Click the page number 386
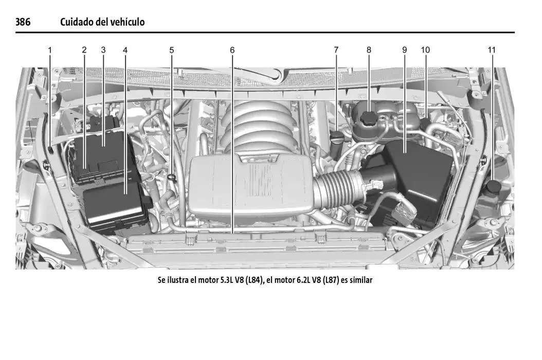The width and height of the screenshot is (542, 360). point(23,22)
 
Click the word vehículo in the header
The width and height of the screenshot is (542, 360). point(128,22)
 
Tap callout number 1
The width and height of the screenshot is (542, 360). point(50,50)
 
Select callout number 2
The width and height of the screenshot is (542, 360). point(84,50)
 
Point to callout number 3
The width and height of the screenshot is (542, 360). point(103,50)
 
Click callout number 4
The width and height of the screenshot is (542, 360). point(125,50)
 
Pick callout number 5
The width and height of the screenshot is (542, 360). point(171,50)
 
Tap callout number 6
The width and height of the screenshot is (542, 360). point(232,50)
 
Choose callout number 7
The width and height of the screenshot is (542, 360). point(336,50)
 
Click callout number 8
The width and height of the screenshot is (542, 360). point(369,50)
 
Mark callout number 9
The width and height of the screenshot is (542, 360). point(404,50)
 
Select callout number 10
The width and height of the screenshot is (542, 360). point(425,50)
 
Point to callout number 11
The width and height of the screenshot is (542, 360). point(492,50)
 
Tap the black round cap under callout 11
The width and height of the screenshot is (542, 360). point(493,187)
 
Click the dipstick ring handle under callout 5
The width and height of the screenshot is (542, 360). point(171,177)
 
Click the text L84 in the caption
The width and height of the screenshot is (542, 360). point(254,280)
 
